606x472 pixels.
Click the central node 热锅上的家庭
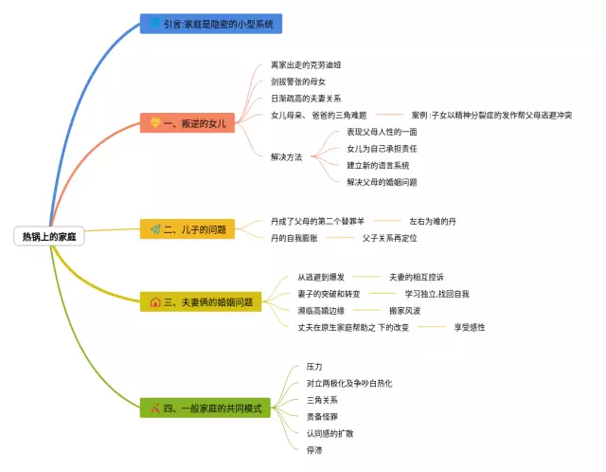click(x=49, y=236)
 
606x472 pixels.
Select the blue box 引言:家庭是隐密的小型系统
click(x=211, y=24)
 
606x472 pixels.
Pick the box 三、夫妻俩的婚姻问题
click(x=200, y=302)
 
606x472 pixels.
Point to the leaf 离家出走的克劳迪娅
click(x=305, y=64)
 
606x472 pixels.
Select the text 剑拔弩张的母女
click(x=298, y=82)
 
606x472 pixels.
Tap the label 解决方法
click(x=286, y=156)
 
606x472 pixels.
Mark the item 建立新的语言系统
click(x=378, y=165)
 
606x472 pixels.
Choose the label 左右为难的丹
click(x=432, y=221)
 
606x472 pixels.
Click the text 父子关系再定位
click(x=389, y=238)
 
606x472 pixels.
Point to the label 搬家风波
click(x=412, y=310)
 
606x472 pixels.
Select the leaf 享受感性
click(x=469, y=327)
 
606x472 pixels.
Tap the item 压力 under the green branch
click(x=314, y=366)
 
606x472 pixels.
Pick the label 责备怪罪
click(x=322, y=416)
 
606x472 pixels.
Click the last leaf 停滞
click(x=314, y=450)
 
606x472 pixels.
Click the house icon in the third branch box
click(x=155, y=302)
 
